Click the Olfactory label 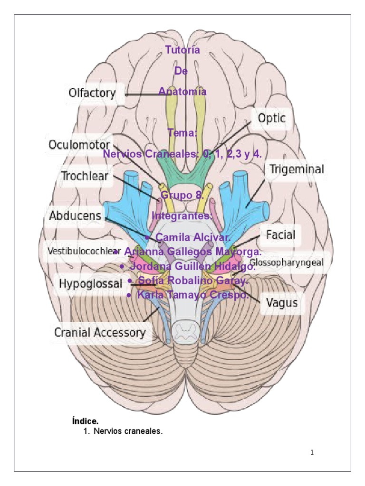tap(92, 93)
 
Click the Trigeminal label tap(297, 169)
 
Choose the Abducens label tap(75, 215)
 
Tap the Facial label tap(280, 234)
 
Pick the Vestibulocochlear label tap(84, 251)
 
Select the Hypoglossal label tap(90, 283)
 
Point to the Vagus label tap(282, 302)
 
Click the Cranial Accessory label tap(99, 332)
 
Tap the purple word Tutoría tap(182, 49)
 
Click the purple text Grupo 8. tap(182, 195)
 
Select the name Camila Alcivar tap(193, 237)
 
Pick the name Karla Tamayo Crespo tap(192, 295)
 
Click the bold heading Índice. tap(85, 421)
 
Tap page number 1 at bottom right tap(312, 453)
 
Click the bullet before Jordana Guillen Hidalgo tap(122, 267)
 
